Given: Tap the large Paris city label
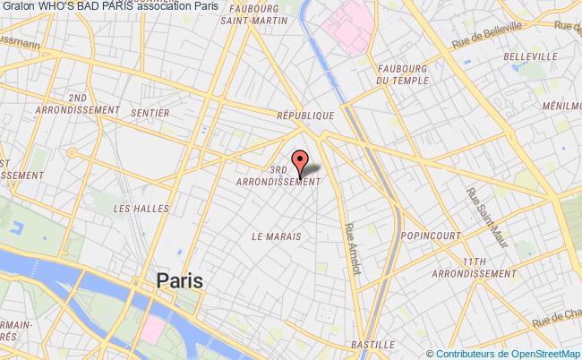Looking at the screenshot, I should pyautogui.click(x=179, y=280).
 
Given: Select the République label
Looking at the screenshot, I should pyautogui.click(x=305, y=116).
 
